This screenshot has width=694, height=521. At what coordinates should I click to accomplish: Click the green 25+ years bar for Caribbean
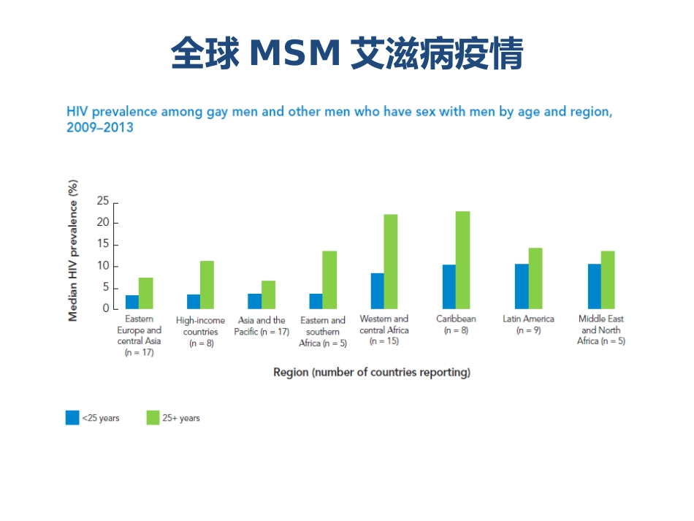tap(462, 260)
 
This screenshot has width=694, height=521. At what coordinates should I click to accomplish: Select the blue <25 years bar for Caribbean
tap(449, 286)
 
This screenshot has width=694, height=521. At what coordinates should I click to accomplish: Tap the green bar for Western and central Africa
tap(391, 262)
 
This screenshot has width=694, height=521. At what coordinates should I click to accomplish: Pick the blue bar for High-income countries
tap(193, 301)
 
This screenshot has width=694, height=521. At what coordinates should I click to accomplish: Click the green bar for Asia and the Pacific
tap(268, 294)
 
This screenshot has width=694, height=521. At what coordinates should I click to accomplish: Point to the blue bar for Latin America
tap(522, 286)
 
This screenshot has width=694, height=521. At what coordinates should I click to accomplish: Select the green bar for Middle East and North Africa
tap(608, 280)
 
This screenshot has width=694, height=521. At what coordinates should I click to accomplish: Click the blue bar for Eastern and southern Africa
tap(316, 301)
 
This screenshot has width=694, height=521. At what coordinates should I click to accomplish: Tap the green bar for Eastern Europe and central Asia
tap(146, 293)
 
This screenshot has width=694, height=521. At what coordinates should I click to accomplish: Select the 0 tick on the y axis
tap(106, 309)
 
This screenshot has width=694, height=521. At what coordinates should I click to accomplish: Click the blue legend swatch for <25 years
tap(72, 418)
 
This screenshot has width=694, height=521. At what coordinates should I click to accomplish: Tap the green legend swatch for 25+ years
tap(153, 418)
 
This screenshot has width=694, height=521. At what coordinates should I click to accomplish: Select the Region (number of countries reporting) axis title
tap(371, 373)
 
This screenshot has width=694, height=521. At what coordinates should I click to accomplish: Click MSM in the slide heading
tap(295, 53)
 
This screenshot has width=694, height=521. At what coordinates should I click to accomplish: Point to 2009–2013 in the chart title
tap(99, 128)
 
